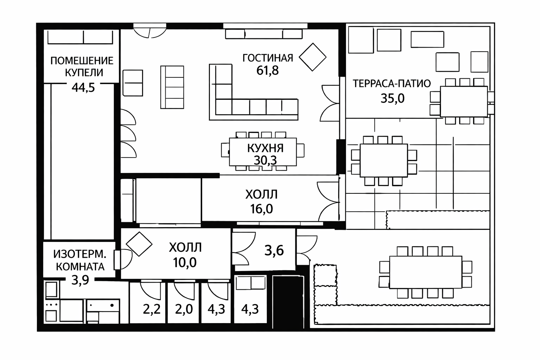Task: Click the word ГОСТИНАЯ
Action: click(268, 58)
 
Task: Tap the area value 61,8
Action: click(267, 71)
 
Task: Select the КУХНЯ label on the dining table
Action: click(265, 148)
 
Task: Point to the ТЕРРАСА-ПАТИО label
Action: click(392, 83)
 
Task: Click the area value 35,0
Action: click(392, 98)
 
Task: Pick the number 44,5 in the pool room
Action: click(83, 88)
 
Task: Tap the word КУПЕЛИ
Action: click(84, 72)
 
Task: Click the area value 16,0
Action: click(262, 209)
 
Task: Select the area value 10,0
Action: click(185, 263)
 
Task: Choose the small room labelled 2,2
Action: click(148, 302)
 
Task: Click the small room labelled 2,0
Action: click(183, 302)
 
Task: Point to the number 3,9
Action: click(80, 280)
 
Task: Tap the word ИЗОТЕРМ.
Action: click(80, 254)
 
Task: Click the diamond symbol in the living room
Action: click(313, 57)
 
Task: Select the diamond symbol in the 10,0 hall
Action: click(139, 244)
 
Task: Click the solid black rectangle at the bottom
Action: click(288, 302)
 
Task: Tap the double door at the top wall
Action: click(150, 31)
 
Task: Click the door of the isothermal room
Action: click(123, 259)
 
